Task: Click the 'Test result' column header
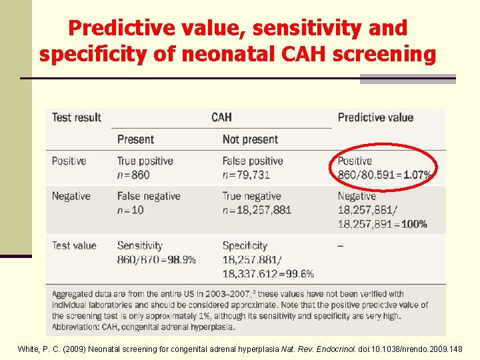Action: pyautogui.click(x=77, y=117)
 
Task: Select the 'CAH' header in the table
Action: pyautogui.click(x=221, y=117)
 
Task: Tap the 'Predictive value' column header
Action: pyautogui.click(x=375, y=117)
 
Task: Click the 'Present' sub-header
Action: pyautogui.click(x=135, y=139)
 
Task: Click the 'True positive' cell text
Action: pyautogui.click(x=145, y=161)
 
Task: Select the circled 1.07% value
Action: pyautogui.click(x=417, y=175)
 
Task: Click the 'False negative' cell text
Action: pyautogui.click(x=149, y=196)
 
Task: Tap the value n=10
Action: pyautogui.click(x=130, y=210)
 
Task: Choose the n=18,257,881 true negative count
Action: pyautogui.click(x=257, y=210)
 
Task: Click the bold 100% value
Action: pyautogui.click(x=414, y=224)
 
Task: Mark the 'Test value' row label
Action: pyautogui.click(x=74, y=245)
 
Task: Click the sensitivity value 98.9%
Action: pyautogui.click(x=181, y=259)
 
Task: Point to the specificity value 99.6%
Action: pyautogui.click(x=300, y=273)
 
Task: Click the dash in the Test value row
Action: pyautogui.click(x=341, y=245)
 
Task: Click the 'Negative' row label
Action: pyautogui.click(x=71, y=196)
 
